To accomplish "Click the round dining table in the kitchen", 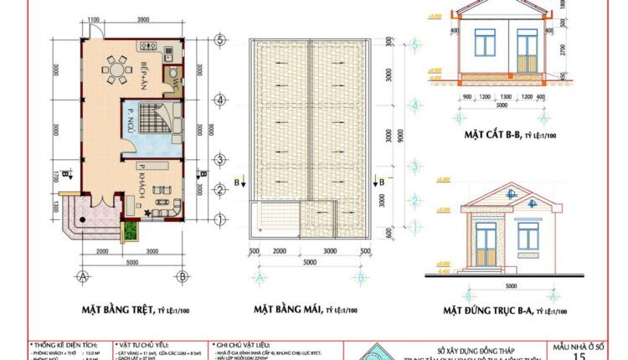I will (116, 66).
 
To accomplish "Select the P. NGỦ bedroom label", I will (131, 119).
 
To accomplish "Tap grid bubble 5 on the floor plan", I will (218, 39).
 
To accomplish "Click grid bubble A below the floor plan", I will (83, 275).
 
